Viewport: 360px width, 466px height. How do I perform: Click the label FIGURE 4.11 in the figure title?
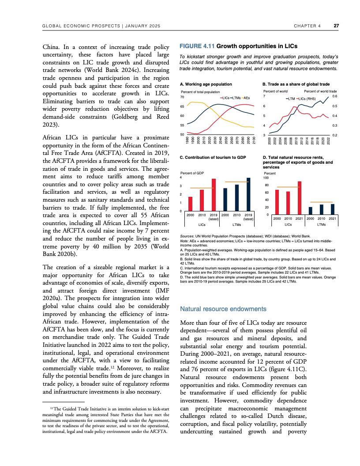pos(196,46)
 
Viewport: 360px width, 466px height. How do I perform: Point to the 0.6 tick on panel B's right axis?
pos(334,96)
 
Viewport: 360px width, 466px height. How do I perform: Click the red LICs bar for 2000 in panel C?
pos(191,204)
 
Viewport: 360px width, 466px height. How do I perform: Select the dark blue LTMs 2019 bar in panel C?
pos(248,194)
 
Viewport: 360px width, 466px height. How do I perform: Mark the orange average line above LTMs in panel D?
pos(321,202)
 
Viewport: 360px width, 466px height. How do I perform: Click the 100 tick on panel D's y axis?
pos(266,178)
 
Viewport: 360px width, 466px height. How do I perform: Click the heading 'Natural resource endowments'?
pos(224,309)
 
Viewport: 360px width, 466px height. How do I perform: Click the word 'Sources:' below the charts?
pos(188,237)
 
